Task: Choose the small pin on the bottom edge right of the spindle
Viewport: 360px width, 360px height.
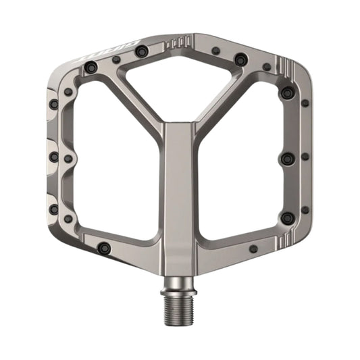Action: [x=253, y=249]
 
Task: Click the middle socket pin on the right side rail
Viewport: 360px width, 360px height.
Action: [x=288, y=158]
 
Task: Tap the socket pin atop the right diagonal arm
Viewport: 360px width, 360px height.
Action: [x=240, y=60]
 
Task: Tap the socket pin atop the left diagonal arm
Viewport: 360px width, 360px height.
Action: [x=140, y=51]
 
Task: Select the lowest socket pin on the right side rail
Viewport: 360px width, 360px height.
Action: [x=287, y=217]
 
